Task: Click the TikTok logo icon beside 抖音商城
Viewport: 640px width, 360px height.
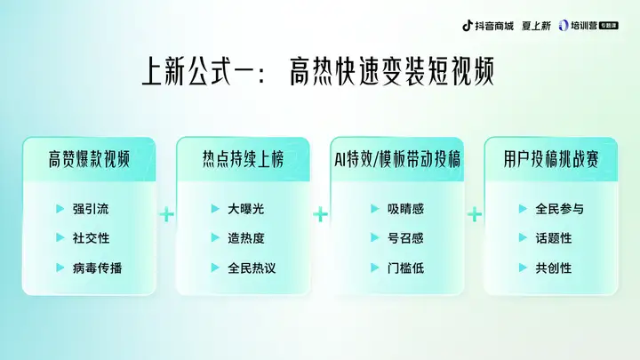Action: pos(468,26)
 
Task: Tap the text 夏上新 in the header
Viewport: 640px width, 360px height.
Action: pos(536,26)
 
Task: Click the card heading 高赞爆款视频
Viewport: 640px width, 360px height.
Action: pos(89,159)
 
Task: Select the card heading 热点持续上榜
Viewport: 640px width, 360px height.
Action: pos(243,159)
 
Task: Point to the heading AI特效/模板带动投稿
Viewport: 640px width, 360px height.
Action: pos(397,159)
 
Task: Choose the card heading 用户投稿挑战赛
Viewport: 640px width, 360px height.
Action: pos(551,159)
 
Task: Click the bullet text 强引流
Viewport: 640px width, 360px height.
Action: pos(91,209)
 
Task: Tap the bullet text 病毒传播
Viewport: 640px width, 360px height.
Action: pos(97,268)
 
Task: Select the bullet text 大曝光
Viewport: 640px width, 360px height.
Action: pos(245,209)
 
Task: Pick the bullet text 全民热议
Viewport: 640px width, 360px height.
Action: pos(252,268)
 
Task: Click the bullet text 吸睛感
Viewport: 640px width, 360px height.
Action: pos(405,209)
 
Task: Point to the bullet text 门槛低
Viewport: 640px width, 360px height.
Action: pos(405,268)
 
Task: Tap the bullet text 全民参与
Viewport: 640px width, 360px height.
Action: pos(560,209)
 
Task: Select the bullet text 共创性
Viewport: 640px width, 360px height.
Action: pos(554,268)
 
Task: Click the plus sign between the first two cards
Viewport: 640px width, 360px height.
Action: pos(166,214)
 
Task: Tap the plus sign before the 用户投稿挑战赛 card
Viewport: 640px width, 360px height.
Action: pos(475,214)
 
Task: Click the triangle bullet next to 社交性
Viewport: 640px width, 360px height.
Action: pos(60,237)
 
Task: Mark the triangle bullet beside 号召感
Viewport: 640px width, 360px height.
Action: pos(375,237)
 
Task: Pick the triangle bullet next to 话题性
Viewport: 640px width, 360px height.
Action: pos(523,237)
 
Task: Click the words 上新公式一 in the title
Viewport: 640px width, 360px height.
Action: pos(199,71)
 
